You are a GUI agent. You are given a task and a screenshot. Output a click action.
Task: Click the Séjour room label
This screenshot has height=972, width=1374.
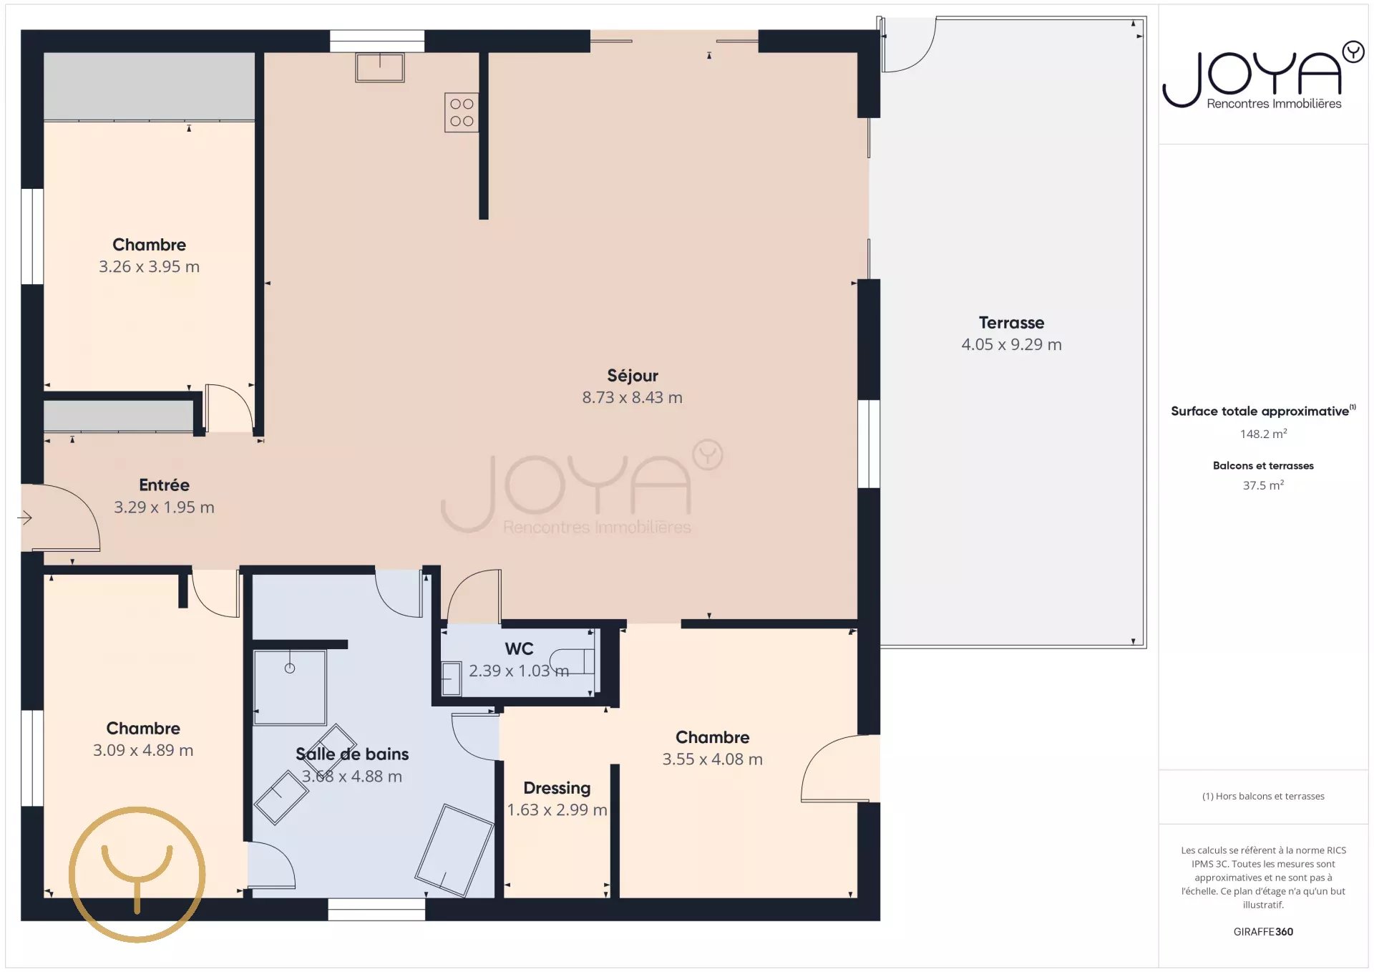click(x=633, y=376)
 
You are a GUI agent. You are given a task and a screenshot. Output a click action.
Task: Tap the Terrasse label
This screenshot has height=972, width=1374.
click(x=1011, y=323)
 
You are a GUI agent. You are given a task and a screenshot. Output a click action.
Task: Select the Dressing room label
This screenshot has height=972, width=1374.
click(x=557, y=788)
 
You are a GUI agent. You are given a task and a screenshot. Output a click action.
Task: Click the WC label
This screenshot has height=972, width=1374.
click(x=519, y=648)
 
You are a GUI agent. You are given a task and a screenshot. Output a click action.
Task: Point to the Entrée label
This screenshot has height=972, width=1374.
click(x=164, y=485)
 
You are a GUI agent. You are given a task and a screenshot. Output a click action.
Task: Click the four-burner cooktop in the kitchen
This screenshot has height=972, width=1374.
click(x=462, y=113)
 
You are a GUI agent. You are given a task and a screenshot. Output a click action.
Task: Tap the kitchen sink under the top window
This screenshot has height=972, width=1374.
click(x=380, y=67)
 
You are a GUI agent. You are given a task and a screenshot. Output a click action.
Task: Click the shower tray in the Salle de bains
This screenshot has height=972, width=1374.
click(x=290, y=688)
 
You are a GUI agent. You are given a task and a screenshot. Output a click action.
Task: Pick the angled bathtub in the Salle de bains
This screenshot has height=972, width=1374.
click(x=454, y=850)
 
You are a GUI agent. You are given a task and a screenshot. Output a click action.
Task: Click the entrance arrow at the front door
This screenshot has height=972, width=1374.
click(x=25, y=517)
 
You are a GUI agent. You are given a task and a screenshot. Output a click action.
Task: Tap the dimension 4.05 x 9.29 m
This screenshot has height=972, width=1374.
click(x=1011, y=344)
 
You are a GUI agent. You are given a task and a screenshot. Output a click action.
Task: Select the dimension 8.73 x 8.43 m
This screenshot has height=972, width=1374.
click(x=633, y=397)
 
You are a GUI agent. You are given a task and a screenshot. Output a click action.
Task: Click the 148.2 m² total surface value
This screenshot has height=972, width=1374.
click(x=1264, y=434)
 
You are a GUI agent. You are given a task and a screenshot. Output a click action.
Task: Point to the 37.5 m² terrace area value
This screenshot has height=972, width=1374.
click(x=1264, y=485)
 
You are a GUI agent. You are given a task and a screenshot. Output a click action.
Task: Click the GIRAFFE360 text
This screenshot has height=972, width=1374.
click(x=1264, y=932)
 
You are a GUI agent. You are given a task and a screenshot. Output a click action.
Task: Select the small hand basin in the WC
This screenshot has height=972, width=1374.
click(x=451, y=679)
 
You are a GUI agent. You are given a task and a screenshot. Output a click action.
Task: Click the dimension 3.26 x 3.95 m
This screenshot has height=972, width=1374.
click(x=149, y=266)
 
